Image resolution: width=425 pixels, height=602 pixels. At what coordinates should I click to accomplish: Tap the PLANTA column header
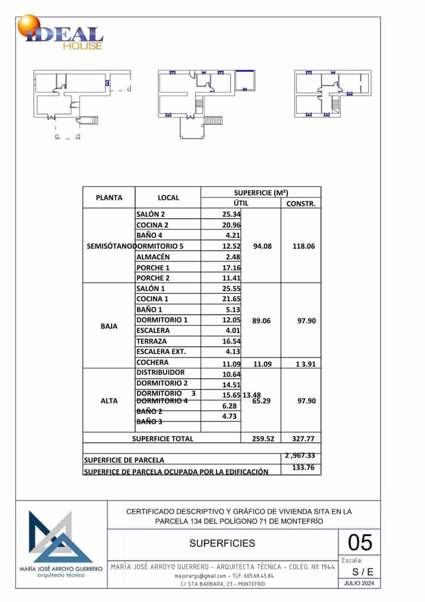[x=109, y=198]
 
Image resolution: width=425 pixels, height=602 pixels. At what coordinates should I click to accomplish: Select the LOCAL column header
[x=168, y=198]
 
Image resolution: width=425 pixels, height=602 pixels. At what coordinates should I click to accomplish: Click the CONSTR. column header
[x=301, y=204]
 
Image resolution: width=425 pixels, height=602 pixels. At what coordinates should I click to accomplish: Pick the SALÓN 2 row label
[x=150, y=214]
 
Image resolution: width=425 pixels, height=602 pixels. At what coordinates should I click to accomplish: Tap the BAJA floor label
[x=109, y=326]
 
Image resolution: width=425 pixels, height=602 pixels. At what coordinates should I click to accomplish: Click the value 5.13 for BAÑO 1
[x=232, y=310]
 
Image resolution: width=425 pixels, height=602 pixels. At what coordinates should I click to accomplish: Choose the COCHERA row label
[x=152, y=362]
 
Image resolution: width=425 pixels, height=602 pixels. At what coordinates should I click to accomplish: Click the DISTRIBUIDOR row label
[x=160, y=373]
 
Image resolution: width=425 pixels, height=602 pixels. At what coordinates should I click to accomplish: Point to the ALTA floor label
[x=109, y=401]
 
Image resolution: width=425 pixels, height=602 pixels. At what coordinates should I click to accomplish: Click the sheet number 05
[x=360, y=543]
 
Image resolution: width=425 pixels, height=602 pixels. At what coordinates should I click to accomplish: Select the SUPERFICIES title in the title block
[x=223, y=543]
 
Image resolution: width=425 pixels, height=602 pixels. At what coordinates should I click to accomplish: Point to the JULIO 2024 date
[x=359, y=583]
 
